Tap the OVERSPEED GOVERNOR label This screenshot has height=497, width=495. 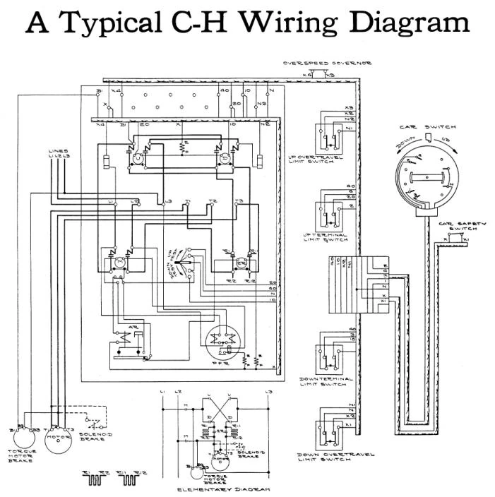click(328, 64)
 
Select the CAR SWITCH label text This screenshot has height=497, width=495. click(428, 127)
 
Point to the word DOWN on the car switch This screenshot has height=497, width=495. click(405, 143)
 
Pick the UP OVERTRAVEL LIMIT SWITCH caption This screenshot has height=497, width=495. click(329, 160)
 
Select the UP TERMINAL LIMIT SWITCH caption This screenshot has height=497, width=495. click(326, 237)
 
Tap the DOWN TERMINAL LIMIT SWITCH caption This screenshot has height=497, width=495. click(326, 382)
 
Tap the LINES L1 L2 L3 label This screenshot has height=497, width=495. click(58, 153)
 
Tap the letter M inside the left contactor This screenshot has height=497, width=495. click(118, 263)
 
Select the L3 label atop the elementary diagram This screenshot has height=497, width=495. click(268, 391)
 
